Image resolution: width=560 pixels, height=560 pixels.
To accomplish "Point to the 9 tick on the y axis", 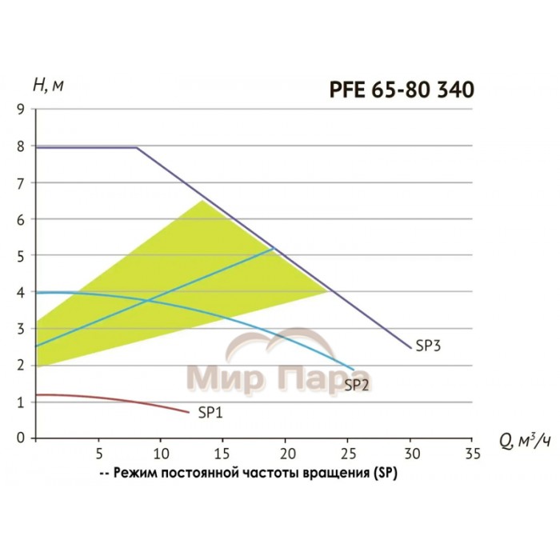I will (19, 110).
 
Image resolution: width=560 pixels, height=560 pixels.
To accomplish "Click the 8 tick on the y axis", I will (19, 146).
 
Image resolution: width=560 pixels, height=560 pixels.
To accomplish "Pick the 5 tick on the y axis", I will (19, 256).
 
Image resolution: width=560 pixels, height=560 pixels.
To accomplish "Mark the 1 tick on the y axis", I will (19, 402).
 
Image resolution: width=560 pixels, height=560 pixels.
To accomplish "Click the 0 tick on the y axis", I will (19, 438).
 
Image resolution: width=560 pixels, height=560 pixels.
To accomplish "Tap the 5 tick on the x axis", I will (98, 453).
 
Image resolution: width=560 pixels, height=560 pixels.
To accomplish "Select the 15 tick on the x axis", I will (223, 453).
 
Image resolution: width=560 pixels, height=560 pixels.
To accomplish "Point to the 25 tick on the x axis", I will (348, 453).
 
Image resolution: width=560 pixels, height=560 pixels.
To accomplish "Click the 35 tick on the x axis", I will (473, 453).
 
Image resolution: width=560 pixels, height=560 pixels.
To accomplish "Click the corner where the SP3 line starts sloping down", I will (136, 147).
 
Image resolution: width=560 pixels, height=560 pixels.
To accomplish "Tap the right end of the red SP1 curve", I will (189, 413).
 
